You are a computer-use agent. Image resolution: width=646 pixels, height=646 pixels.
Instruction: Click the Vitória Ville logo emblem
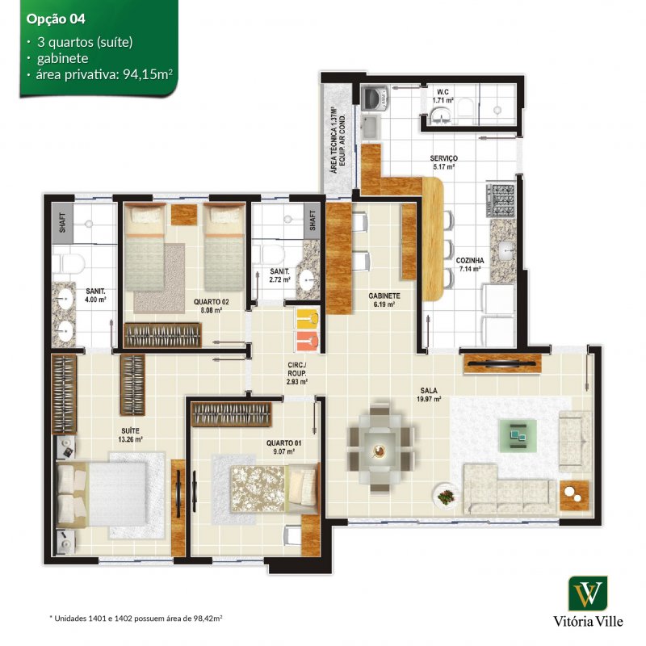pyautogui.click(x=588, y=594)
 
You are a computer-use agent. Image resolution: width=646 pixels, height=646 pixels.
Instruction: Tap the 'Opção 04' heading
pyautogui.click(x=56, y=19)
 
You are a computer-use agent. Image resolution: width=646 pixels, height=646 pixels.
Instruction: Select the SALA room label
pyautogui.click(x=429, y=390)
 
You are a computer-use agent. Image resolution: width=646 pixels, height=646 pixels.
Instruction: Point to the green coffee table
pyautogui.click(x=518, y=436)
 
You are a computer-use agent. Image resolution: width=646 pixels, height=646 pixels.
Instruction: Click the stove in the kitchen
pyautogui.click(x=501, y=200)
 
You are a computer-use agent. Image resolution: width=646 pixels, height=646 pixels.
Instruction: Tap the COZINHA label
pyautogui.click(x=470, y=260)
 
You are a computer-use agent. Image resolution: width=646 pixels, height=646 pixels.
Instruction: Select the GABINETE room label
pyautogui.click(x=384, y=296)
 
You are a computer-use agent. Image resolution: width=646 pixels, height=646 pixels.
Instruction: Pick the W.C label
pyautogui.click(x=443, y=92)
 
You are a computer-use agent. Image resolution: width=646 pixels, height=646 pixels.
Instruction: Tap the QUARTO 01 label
pyautogui.click(x=283, y=443)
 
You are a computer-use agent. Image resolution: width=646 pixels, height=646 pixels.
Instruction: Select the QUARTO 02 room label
pyautogui.click(x=211, y=301)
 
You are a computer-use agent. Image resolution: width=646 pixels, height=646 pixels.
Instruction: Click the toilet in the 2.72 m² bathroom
pyautogui.click(x=267, y=255)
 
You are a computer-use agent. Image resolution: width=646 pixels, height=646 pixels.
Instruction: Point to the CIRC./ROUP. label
pyautogui.click(x=296, y=369)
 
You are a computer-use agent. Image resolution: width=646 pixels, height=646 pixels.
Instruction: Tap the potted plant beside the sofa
pyautogui.click(x=446, y=497)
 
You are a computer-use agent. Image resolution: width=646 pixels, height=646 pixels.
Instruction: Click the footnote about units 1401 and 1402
pyautogui.click(x=136, y=618)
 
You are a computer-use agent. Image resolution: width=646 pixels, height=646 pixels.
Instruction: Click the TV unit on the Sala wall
pyautogui.click(x=502, y=364)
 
